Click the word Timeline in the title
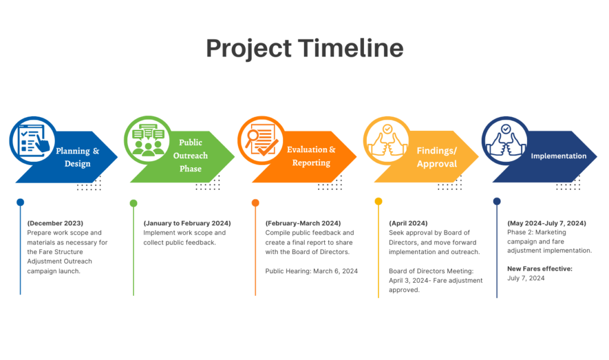(x=351, y=48)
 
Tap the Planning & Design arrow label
(x=77, y=157)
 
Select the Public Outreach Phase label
(x=190, y=155)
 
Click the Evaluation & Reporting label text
(x=311, y=156)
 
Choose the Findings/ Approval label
(x=437, y=157)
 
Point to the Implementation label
(x=558, y=156)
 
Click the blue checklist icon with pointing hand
(x=33, y=140)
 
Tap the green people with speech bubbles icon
(x=147, y=140)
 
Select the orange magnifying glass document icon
(x=261, y=140)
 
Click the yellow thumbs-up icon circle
(x=387, y=140)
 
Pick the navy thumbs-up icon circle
(x=506, y=140)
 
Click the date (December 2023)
(x=55, y=223)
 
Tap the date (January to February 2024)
(x=187, y=223)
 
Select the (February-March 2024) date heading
(x=303, y=223)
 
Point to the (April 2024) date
(x=408, y=223)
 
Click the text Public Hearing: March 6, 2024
(x=312, y=271)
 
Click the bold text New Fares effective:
(x=540, y=268)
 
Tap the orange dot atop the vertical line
(x=255, y=202)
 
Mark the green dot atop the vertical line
(x=133, y=203)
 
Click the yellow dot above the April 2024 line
(x=378, y=201)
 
